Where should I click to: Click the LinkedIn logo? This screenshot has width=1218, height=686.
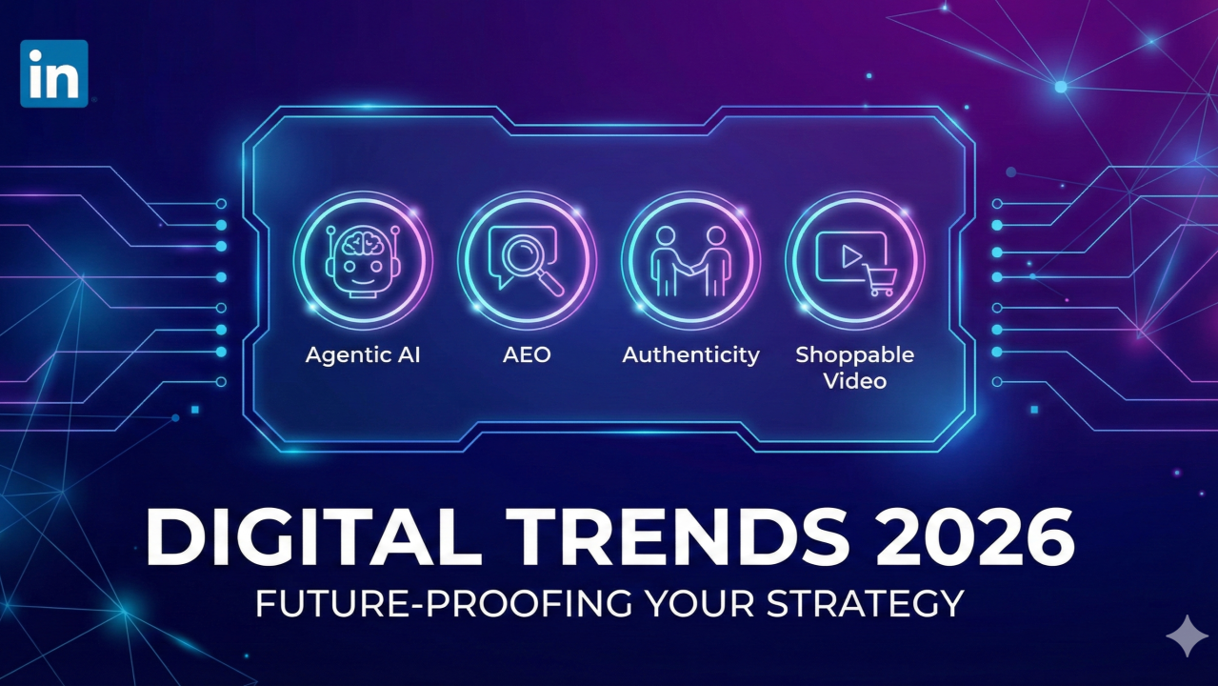(x=54, y=73)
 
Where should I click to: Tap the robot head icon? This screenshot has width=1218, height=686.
(x=363, y=261)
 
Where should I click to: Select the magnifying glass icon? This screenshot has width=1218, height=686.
(x=531, y=263)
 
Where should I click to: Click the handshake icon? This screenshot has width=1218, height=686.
(x=690, y=261)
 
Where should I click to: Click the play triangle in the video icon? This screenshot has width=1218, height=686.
(x=851, y=256)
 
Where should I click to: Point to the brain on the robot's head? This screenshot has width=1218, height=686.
(x=363, y=242)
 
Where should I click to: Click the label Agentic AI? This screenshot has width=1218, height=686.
(x=363, y=354)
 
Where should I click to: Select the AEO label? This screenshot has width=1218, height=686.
(x=527, y=354)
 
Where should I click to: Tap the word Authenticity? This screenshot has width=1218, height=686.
(x=690, y=355)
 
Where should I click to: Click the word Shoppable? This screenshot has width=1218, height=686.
(x=855, y=355)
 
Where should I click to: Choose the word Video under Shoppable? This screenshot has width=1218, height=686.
(x=855, y=380)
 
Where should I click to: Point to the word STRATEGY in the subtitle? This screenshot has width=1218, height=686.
(x=865, y=603)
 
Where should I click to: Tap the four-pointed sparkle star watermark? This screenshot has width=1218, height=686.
(x=1188, y=636)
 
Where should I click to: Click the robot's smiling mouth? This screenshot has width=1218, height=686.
(x=363, y=281)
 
